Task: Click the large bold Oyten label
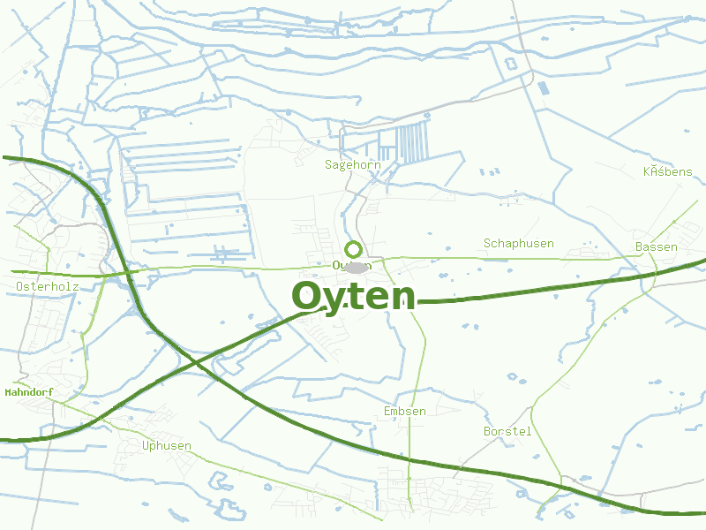[353, 297]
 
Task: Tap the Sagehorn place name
[352, 164]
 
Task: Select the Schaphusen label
[518, 243]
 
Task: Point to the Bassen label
[656, 246]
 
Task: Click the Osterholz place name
[48, 286]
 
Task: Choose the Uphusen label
[166, 445]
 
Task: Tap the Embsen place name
[405, 411]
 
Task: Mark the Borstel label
[507, 431]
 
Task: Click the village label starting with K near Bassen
[667, 170]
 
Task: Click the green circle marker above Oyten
[353, 249]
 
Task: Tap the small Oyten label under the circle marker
[352, 265]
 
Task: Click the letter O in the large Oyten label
[305, 297]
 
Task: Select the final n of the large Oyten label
[402, 299]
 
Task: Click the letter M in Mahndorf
[8, 391]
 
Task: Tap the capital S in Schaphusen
[487, 243]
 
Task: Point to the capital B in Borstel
[487, 431]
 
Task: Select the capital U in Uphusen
[146, 445]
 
